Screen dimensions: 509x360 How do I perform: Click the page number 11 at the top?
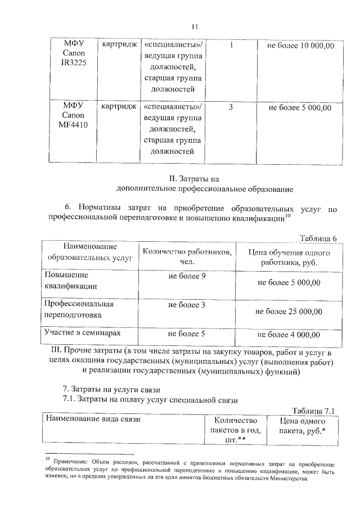coord(195,26)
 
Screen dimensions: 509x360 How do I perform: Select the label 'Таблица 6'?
coord(318,238)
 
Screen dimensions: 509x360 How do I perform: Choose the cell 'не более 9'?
coord(187,276)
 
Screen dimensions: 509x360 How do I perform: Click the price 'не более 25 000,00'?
coord(289,311)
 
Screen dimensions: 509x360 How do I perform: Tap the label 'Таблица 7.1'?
coord(314,411)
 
